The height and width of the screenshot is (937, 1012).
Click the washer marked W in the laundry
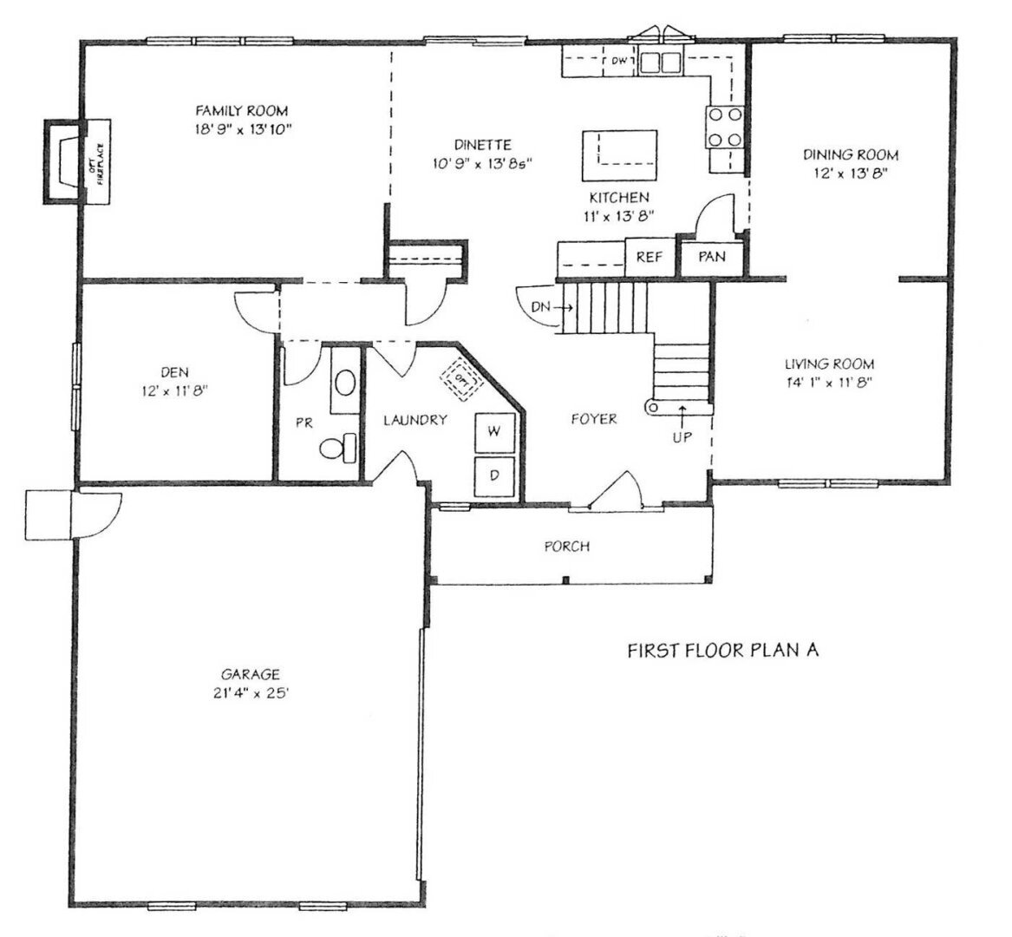pyautogui.click(x=495, y=432)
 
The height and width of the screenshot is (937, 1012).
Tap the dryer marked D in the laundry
pyautogui.click(x=495, y=476)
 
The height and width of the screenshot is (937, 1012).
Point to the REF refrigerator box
pyautogui.click(x=650, y=256)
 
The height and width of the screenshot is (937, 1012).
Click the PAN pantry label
pyautogui.click(x=712, y=256)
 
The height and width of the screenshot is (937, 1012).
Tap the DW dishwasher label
pyautogui.click(x=619, y=62)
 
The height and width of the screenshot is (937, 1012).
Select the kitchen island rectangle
pyautogui.click(x=619, y=155)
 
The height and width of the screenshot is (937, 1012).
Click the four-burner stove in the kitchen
pyautogui.click(x=726, y=128)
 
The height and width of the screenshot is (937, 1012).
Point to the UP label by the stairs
pyautogui.click(x=682, y=437)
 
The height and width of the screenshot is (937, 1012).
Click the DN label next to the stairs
pyautogui.click(x=540, y=307)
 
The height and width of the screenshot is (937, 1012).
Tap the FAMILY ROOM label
pyautogui.click(x=242, y=110)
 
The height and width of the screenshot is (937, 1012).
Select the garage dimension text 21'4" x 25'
pyautogui.click(x=250, y=693)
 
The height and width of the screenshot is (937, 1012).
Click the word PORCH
pyautogui.click(x=566, y=547)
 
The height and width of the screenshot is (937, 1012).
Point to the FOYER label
pyautogui.click(x=594, y=419)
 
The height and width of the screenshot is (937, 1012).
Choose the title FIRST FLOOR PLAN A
pyautogui.click(x=723, y=650)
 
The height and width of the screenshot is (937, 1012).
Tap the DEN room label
pyautogui.click(x=174, y=372)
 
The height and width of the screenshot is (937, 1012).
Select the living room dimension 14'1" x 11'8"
pyautogui.click(x=829, y=382)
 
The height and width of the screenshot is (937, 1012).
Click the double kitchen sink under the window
pyautogui.click(x=660, y=62)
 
